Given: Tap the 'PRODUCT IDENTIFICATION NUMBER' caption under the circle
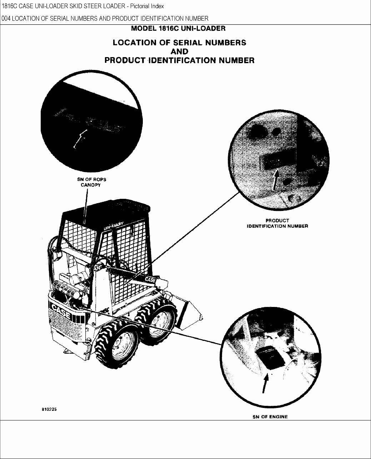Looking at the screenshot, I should pyautogui.click(x=277, y=223).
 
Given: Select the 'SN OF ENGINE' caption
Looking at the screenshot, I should pyautogui.click(x=270, y=417).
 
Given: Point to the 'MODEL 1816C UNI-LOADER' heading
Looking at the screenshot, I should pyautogui.click(x=178, y=28).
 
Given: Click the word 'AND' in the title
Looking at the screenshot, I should pyautogui.click(x=179, y=51).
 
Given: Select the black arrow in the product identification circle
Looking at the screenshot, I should pyautogui.click(x=275, y=181).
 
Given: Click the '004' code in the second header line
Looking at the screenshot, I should pyautogui.click(x=6, y=19).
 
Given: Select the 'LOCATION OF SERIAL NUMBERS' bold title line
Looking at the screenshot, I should pyautogui.click(x=179, y=42).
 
